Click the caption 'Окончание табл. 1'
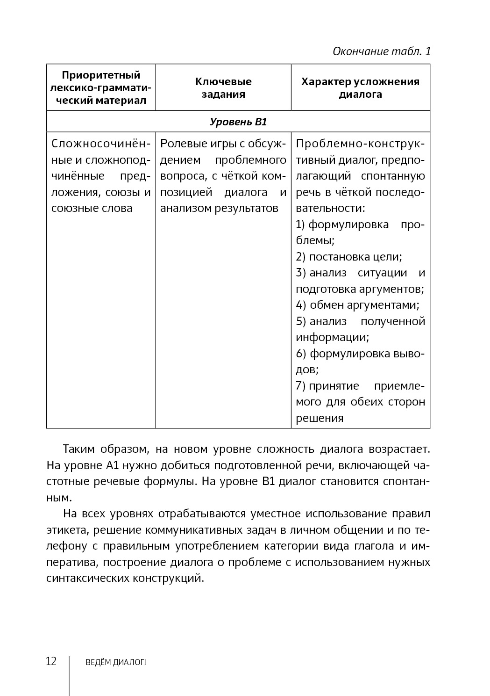click(x=381, y=51)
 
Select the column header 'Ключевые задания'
click(x=223, y=87)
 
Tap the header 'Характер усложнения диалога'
click(x=360, y=87)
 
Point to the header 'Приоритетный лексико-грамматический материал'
click(x=101, y=87)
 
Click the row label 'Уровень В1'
click(x=238, y=122)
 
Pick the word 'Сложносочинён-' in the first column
click(x=101, y=144)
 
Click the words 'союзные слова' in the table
click(x=92, y=208)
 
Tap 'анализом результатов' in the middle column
click(x=219, y=208)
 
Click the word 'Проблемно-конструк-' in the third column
click(x=360, y=144)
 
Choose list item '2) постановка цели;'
click(x=349, y=256)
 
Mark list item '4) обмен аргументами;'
click(x=357, y=305)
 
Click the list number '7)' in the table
click(x=301, y=386)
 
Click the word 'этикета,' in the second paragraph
click(x=67, y=530)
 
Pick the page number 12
click(x=51, y=661)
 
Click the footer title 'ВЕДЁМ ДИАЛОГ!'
click(x=116, y=662)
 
